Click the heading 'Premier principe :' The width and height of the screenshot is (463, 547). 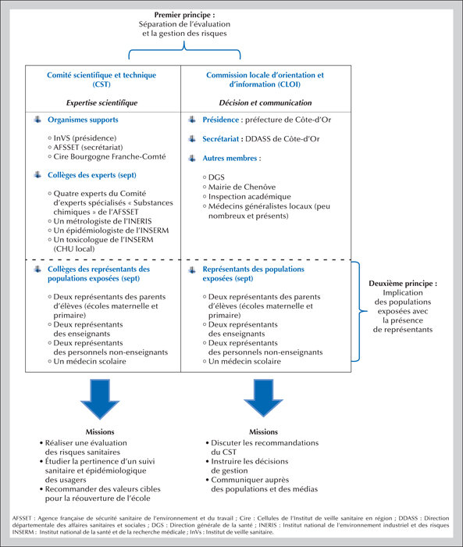pyautogui.click(x=184, y=15)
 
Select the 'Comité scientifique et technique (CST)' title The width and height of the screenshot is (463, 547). pyautogui.click(x=102, y=80)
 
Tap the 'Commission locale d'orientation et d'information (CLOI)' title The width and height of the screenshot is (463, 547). pyautogui.click(x=265, y=80)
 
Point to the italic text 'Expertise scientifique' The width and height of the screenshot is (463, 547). pyautogui.click(x=102, y=103)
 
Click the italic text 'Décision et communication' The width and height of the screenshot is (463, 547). pyautogui.click(x=265, y=103)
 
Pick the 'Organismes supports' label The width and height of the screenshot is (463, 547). pyautogui.click(x=83, y=120)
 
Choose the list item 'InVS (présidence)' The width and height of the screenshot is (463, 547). pyautogui.click(x=85, y=138)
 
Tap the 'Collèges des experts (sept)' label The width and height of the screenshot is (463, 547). pyautogui.click(x=92, y=175)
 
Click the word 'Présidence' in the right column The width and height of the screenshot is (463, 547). pyautogui.click(x=221, y=120)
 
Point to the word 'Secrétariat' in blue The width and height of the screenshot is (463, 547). pyautogui.click(x=221, y=139)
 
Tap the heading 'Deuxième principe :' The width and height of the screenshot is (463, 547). pyautogui.click(x=403, y=283)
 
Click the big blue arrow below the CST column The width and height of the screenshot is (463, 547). pyautogui.click(x=100, y=399)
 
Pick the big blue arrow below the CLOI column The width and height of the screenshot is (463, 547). pyautogui.click(x=263, y=398)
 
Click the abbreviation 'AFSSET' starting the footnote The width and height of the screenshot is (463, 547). pyautogui.click(x=22, y=518)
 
